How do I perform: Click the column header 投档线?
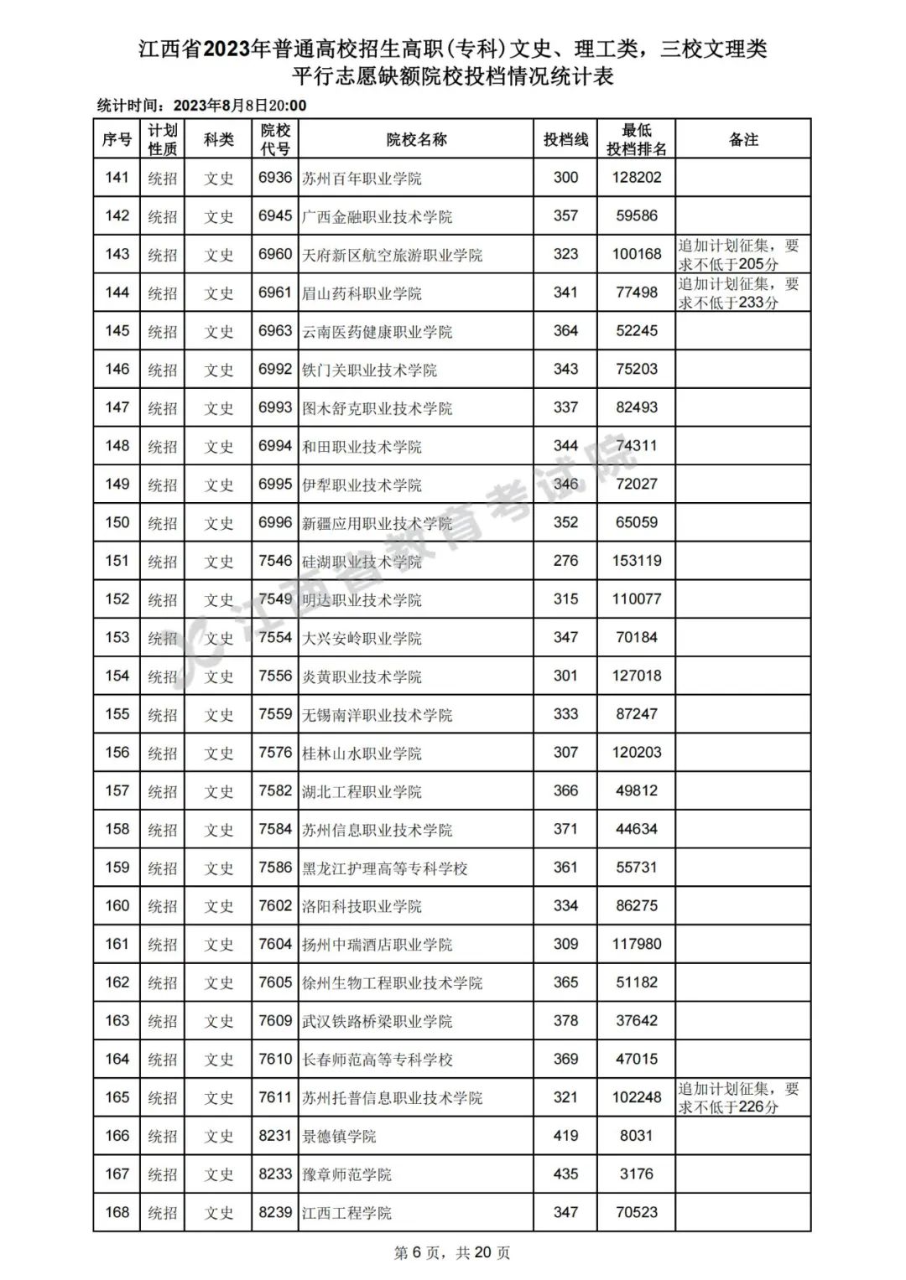(565, 140)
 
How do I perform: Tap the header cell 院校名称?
(416, 140)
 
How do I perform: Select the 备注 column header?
(743, 140)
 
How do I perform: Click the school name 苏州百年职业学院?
(362, 179)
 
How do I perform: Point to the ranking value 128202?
(637, 178)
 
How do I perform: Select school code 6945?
(275, 216)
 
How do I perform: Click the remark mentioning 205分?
(738, 255)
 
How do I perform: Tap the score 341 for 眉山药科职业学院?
(565, 293)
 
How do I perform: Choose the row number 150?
(117, 523)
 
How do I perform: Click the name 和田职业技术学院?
(362, 447)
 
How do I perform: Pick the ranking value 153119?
(637, 561)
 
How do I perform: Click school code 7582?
(275, 791)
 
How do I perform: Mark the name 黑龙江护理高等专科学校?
(384, 868)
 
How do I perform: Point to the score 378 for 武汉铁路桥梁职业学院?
(565, 1021)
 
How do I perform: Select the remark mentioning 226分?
(738, 1098)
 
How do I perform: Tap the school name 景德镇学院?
(339, 1137)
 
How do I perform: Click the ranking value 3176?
(637, 1174)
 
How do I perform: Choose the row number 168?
(117, 1213)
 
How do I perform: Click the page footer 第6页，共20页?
(452, 1253)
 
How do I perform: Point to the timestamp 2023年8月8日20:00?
(240, 106)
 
